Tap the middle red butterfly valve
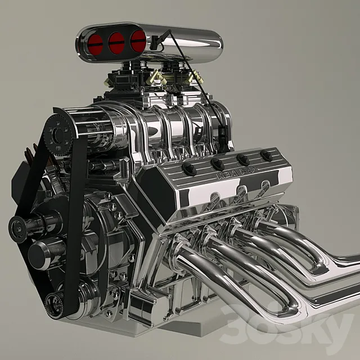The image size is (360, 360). [117, 42]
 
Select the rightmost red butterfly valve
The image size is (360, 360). [138, 41]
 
